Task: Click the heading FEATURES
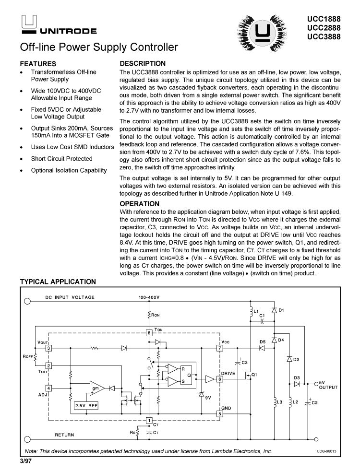coord(38,64)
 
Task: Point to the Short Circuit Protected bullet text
coord(62,159)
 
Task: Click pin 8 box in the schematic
coord(149,332)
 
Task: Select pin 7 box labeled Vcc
coord(220,348)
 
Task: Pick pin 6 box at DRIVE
coord(220,379)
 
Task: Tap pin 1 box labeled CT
coord(149,421)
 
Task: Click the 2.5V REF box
coord(86,405)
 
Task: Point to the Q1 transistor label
coord(255,375)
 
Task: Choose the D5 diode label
coord(263,341)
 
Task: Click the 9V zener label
coord(208,398)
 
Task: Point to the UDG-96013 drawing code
coord(326,450)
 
